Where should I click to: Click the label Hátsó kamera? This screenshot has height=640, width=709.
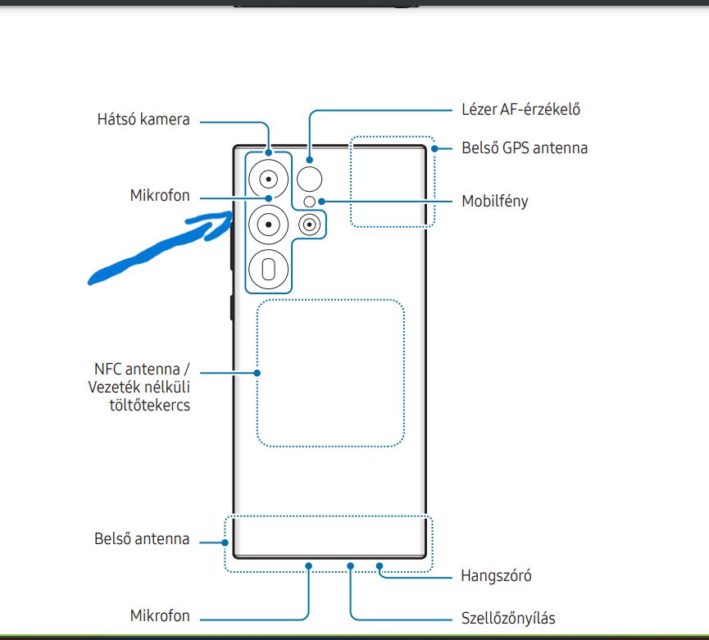[143, 120]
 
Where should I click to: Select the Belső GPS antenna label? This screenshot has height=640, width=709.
[524, 148]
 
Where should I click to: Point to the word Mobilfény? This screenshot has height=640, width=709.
[494, 201]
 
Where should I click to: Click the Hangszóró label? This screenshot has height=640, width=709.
[497, 576]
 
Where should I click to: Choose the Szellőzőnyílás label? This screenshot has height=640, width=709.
[514, 617]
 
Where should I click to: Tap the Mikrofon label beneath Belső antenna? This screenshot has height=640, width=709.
[160, 615]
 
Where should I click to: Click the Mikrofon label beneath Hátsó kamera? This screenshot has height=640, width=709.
[160, 196]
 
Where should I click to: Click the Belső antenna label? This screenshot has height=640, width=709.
[142, 539]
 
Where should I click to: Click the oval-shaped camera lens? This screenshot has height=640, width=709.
[267, 268]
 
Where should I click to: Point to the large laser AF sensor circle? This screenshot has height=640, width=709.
[310, 177]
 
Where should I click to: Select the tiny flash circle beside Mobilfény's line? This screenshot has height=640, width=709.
[309, 202]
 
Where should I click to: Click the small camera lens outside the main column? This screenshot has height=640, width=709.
[310, 225]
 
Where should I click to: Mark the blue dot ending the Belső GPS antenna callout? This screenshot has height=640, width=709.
[435, 148]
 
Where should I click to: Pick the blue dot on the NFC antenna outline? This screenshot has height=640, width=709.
[257, 373]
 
